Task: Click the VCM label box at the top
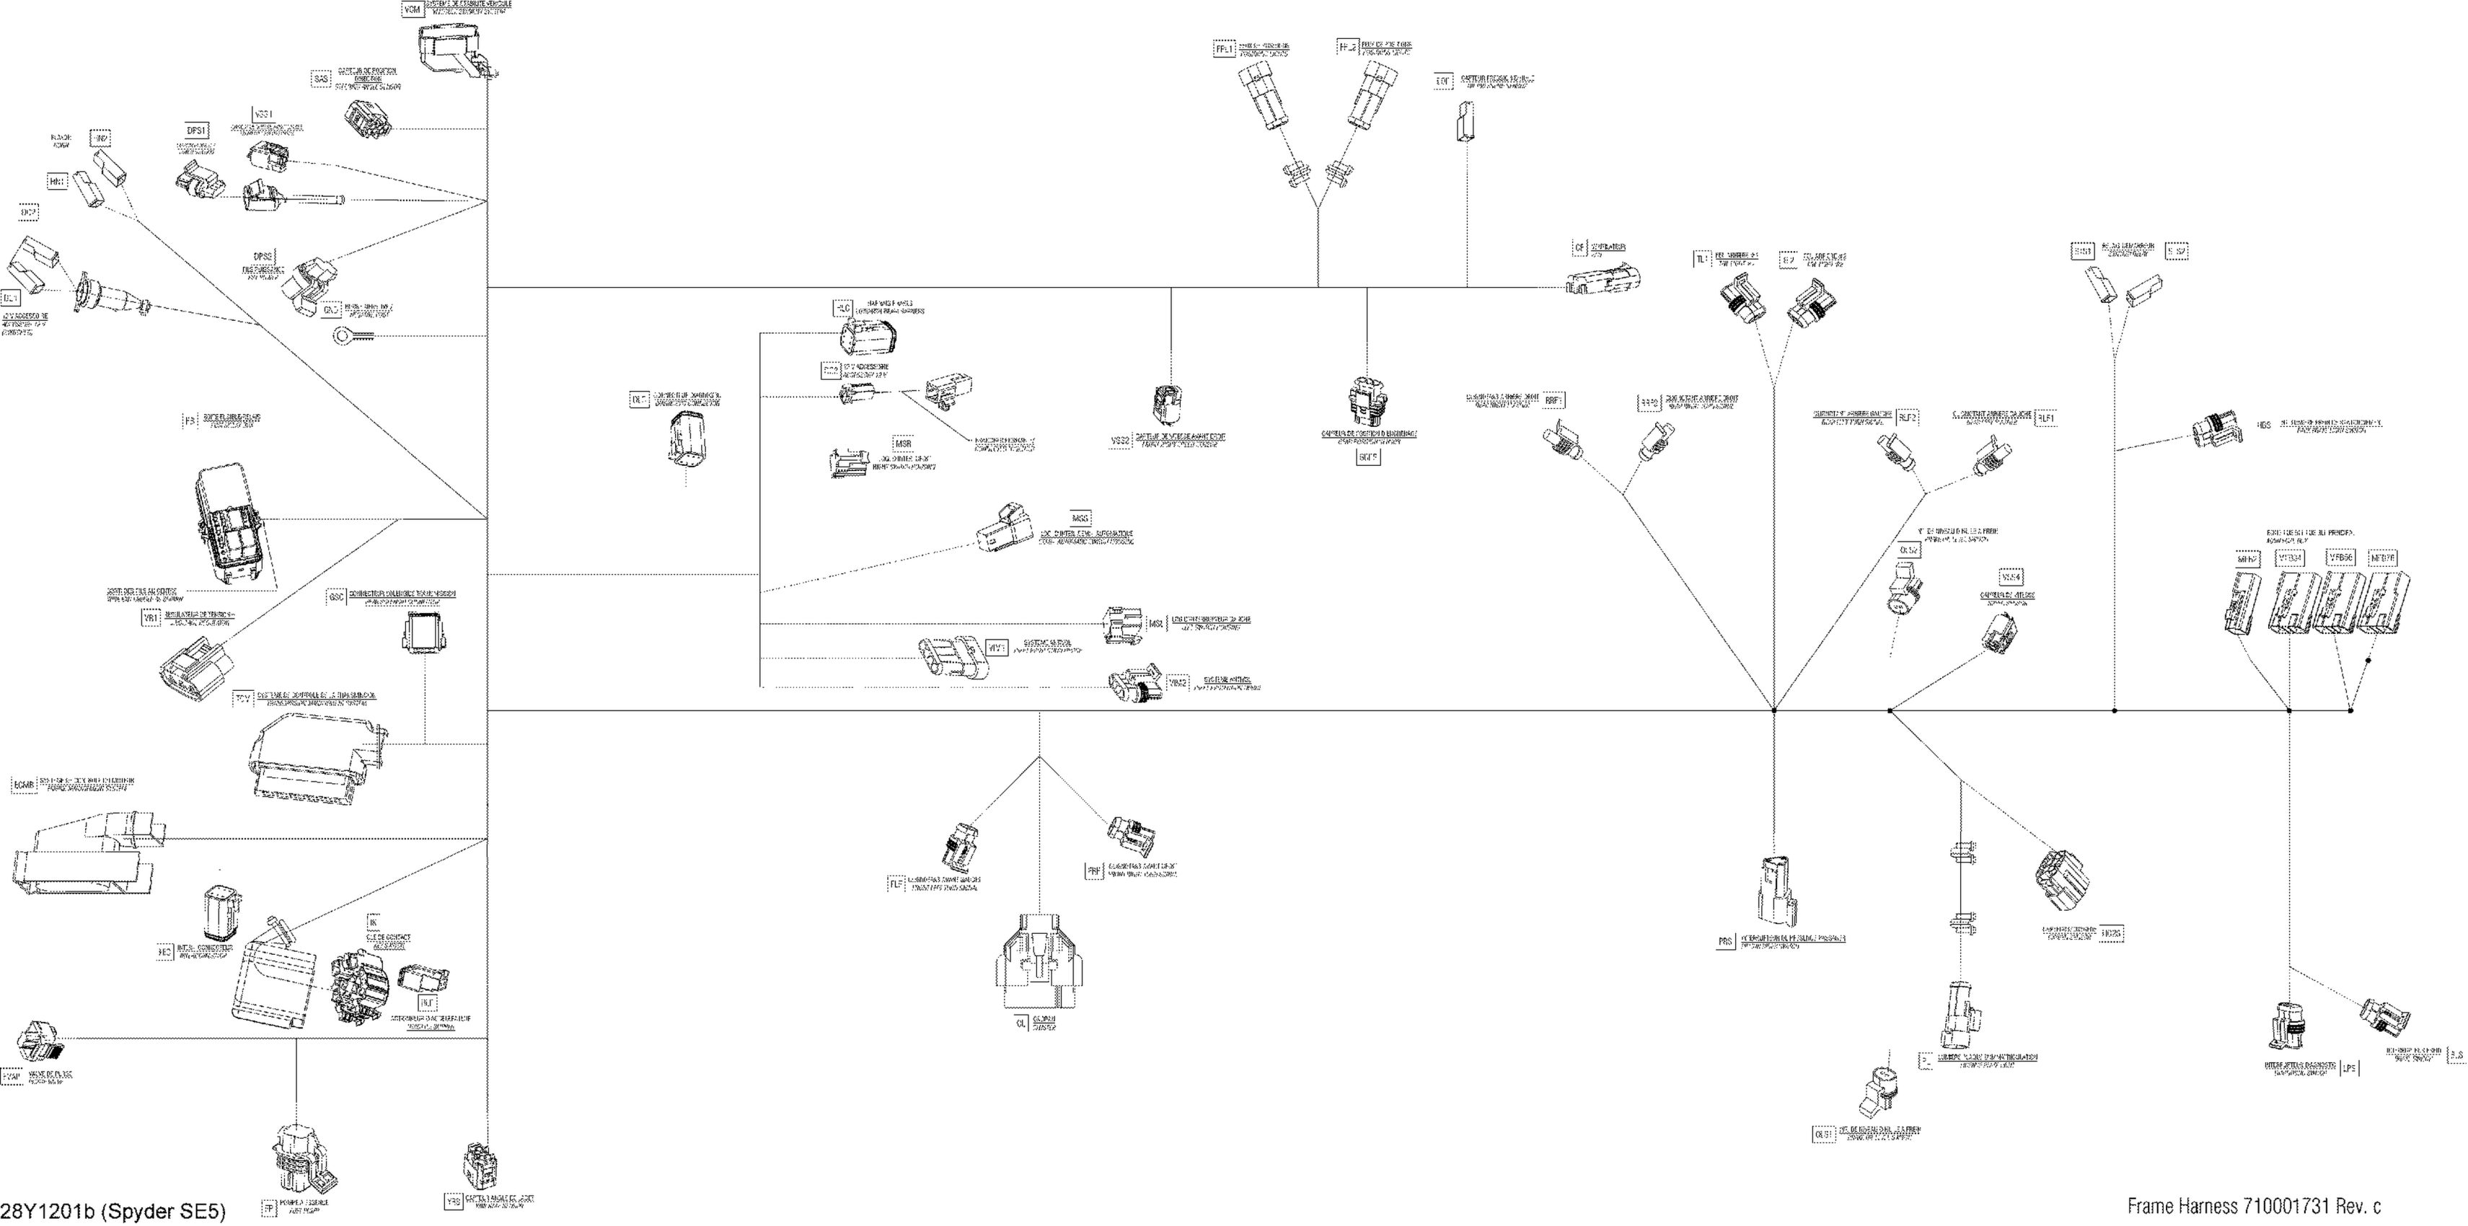point(412,9)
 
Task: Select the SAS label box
point(322,79)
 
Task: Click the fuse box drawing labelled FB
point(230,526)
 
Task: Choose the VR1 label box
point(151,619)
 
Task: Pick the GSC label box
point(335,596)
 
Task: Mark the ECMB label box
point(24,786)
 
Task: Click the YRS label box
point(454,1201)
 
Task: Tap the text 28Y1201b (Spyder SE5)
point(113,1212)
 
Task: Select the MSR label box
point(902,444)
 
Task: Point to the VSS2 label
point(1120,441)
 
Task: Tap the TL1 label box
point(1701,260)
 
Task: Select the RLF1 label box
point(2045,418)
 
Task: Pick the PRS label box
point(1725,943)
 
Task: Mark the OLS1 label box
point(1823,1134)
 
